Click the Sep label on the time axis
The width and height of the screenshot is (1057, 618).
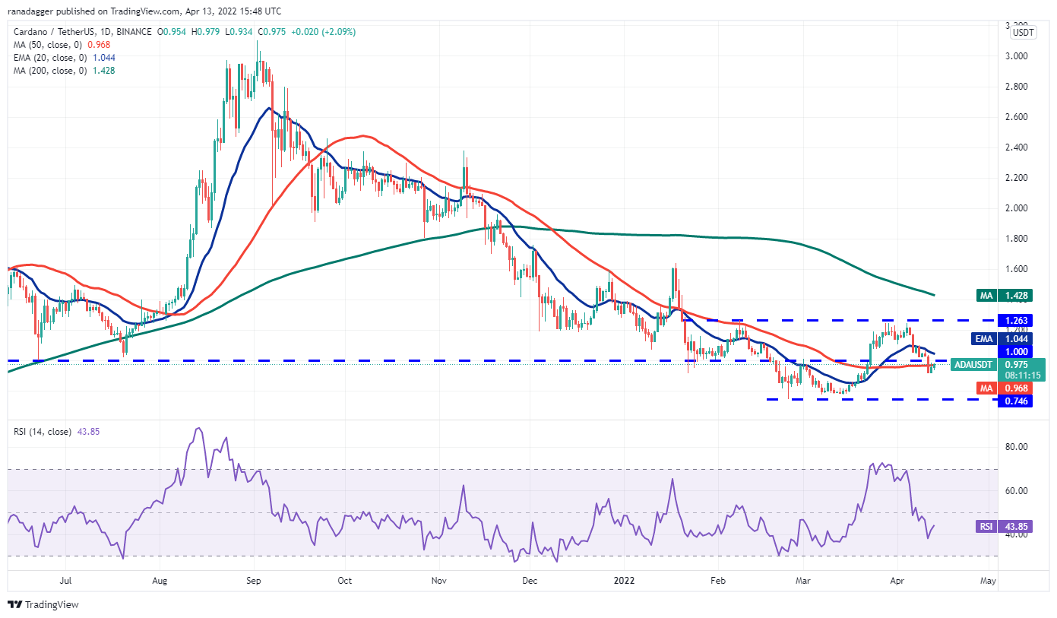coord(254,581)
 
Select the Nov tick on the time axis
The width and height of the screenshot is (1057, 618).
coord(438,581)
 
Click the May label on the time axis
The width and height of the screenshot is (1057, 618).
coord(988,581)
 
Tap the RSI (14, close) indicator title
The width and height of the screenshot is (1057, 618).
coord(41,432)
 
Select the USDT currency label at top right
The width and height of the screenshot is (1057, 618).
coord(1024,33)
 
